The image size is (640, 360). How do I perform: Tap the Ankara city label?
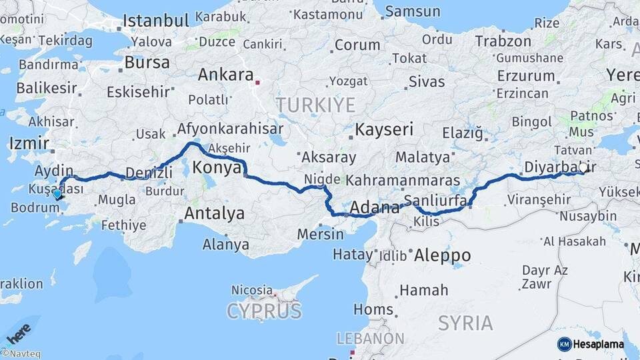click(225, 75)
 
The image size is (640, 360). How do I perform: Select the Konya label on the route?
click(217, 167)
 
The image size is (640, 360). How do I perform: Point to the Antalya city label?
click(213, 214)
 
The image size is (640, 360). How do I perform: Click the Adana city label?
click(374, 208)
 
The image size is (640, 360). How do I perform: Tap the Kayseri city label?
click(384, 129)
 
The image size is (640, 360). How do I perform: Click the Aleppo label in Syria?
click(443, 255)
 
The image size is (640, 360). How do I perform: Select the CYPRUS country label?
click(264, 311)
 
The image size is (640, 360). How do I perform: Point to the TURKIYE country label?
click(316, 105)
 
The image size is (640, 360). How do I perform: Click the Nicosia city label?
click(251, 290)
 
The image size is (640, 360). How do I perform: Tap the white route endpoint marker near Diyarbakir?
click(584, 168)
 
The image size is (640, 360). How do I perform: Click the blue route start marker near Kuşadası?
click(57, 195)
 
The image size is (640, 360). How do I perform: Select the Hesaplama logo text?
click(599, 344)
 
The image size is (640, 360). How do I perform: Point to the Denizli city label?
click(149, 172)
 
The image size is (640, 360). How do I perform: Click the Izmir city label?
click(29, 143)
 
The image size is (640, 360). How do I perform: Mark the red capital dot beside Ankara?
click(257, 83)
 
